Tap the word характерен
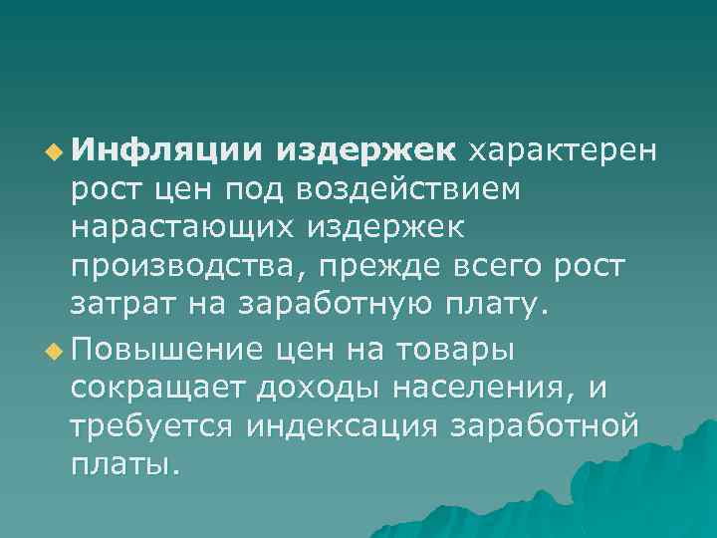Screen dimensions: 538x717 [x=564, y=150]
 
